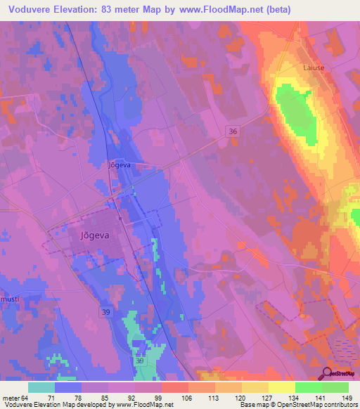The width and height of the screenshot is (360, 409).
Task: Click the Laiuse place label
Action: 313,68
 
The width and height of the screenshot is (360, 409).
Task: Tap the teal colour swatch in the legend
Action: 41,387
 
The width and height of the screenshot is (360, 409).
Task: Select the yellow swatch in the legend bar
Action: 281,387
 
